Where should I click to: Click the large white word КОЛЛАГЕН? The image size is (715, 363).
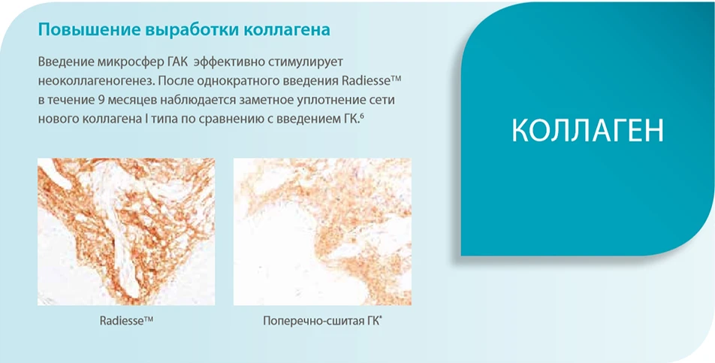click(x=587, y=130)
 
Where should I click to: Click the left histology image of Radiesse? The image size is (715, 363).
click(x=126, y=231)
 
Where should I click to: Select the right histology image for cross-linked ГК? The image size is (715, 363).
click(x=322, y=231)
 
